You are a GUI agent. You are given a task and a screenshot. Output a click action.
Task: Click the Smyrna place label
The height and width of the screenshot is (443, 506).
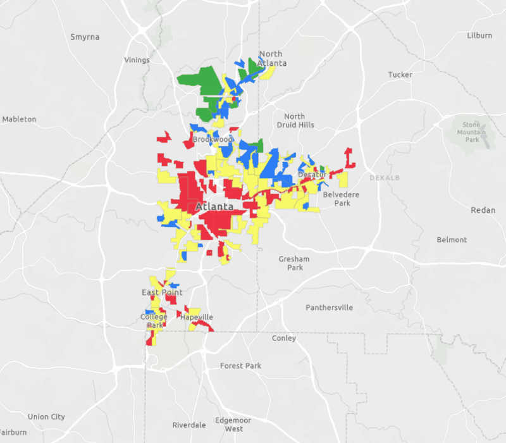(85, 37)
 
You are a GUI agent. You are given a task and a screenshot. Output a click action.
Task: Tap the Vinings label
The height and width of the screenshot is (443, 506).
(137, 60)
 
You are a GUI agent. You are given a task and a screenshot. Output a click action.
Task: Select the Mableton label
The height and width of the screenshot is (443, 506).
(20, 119)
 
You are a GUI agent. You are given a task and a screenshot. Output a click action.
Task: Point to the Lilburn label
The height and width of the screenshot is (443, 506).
(479, 35)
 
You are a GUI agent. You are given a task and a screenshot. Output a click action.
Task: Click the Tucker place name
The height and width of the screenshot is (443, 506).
(400, 75)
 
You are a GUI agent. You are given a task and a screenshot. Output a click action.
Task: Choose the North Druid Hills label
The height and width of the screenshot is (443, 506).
(294, 120)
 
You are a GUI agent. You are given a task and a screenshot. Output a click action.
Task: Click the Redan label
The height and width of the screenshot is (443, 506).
(483, 210)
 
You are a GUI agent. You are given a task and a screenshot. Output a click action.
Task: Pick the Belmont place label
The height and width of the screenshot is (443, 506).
(452, 240)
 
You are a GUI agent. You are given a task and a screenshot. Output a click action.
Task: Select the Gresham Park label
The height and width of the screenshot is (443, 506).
(294, 263)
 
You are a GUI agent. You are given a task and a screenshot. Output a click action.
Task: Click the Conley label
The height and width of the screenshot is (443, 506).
(284, 338)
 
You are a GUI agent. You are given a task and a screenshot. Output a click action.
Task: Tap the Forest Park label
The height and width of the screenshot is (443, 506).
(240, 366)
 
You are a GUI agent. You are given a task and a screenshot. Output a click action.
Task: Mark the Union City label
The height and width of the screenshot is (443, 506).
(46, 416)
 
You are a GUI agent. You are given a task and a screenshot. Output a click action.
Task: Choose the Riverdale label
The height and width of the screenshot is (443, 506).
(189, 425)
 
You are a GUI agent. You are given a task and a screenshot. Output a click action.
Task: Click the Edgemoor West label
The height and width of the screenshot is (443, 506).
(233, 425)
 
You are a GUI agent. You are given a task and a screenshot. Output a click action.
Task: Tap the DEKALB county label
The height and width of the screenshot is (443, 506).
(385, 178)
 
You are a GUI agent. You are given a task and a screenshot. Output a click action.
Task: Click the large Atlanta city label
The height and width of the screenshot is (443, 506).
(214, 207)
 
